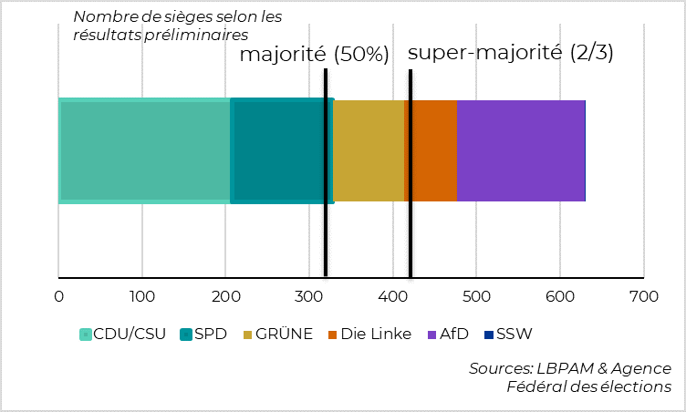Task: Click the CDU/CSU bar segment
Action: click(144, 150)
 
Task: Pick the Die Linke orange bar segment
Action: click(434, 150)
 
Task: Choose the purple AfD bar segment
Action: click(520, 150)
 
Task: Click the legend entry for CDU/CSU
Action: click(123, 334)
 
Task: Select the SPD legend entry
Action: click(203, 334)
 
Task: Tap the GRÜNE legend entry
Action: click(278, 334)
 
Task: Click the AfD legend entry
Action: click(448, 334)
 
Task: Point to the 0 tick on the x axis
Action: click(58, 296)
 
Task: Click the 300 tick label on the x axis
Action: click(308, 296)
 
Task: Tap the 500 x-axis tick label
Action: click(476, 296)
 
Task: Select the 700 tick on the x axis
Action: click(643, 296)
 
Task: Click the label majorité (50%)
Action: click(314, 55)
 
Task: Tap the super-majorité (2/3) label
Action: click(510, 53)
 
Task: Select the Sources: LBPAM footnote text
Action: click(570, 377)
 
